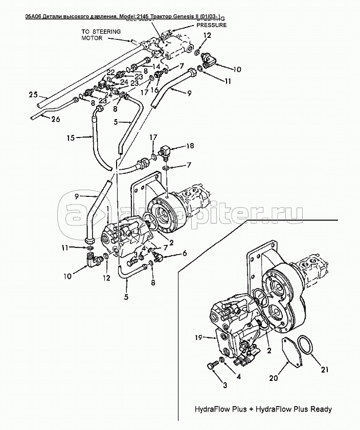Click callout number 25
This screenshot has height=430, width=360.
[x=33, y=94]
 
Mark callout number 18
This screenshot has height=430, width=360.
[x=190, y=146]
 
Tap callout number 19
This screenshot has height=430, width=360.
[x=199, y=336]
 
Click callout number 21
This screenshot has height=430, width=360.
[x=325, y=370]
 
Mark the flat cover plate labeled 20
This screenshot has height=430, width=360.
[x=292, y=353]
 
